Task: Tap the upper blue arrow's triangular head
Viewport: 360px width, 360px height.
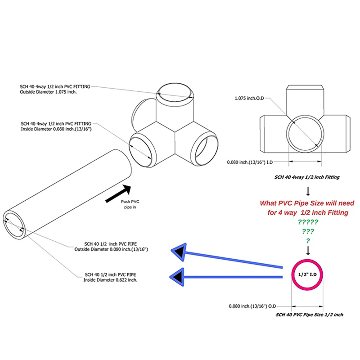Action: pyautogui.click(x=181, y=252)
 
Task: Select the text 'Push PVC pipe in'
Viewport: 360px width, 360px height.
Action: pyautogui.click(x=131, y=205)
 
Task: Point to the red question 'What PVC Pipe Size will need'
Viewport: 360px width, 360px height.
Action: pyautogui.click(x=307, y=203)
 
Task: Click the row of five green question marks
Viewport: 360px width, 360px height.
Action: pyautogui.click(x=308, y=222)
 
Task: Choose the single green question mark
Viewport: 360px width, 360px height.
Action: pyautogui.click(x=308, y=241)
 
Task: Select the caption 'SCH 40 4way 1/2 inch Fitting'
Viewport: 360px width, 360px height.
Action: pyautogui.click(x=308, y=177)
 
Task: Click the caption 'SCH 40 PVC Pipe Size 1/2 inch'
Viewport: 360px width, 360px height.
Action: pyautogui.click(x=310, y=315)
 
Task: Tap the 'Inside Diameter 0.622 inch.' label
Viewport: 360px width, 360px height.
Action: pyautogui.click(x=111, y=279)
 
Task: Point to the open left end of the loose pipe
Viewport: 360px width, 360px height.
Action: pyautogui.click(x=15, y=223)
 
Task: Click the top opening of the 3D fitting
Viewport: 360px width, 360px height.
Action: pyautogui.click(x=176, y=92)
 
